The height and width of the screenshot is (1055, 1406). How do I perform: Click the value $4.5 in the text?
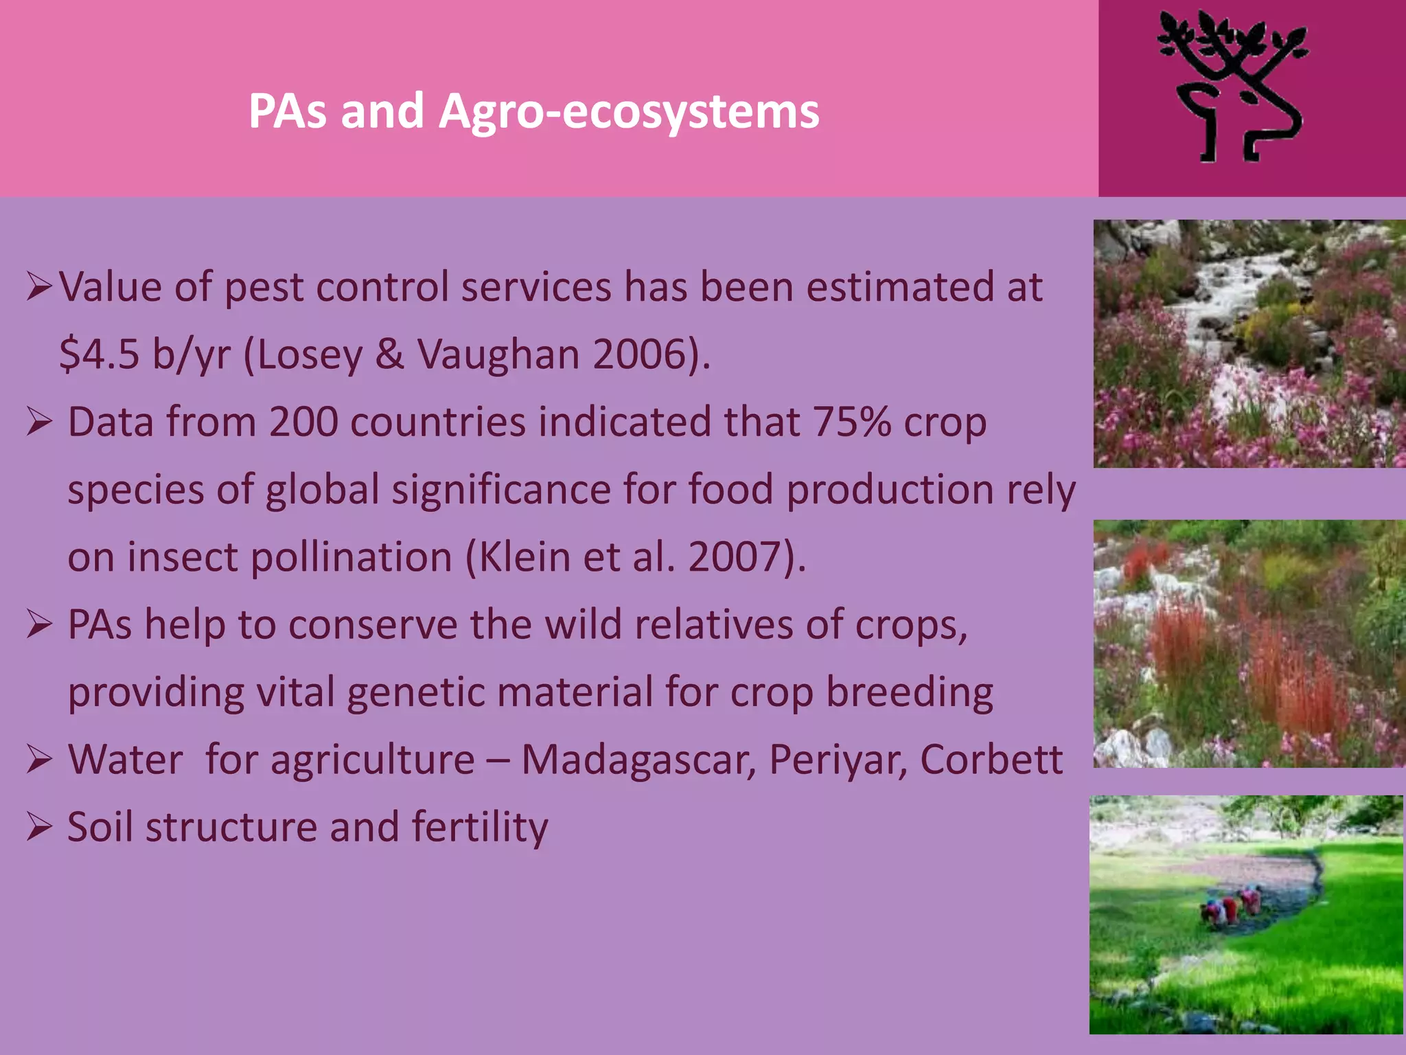100,354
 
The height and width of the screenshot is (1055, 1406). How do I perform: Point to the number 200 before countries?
303,422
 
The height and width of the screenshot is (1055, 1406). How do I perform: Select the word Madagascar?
638,760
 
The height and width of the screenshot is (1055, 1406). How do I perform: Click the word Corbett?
991,760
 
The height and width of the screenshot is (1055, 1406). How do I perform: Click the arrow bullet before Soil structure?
39,827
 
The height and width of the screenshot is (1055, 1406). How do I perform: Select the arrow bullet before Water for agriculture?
39,760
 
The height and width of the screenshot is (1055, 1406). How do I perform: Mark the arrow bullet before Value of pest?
39,287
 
